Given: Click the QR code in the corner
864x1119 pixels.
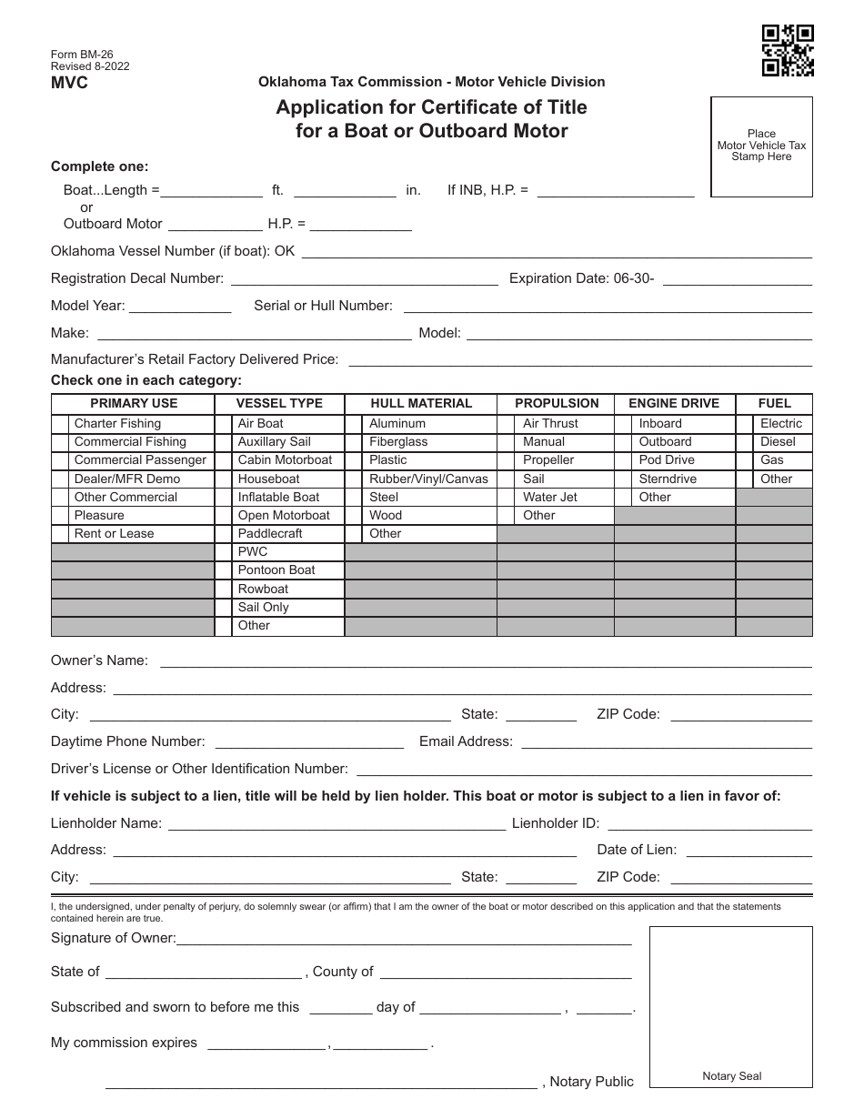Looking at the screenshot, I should point(787,51).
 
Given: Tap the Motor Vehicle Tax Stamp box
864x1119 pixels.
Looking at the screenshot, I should point(761,146).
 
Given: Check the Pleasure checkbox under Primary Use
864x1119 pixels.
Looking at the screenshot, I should point(60,516).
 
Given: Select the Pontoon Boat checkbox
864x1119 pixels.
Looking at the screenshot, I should point(224,570).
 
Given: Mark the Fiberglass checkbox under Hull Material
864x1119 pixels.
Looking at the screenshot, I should point(355,442).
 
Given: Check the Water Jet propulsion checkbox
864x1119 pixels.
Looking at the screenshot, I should point(507,498).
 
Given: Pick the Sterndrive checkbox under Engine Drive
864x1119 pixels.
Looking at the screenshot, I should point(624,479).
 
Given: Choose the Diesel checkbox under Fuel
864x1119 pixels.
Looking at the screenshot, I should point(745,442).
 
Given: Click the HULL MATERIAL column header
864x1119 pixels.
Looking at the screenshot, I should point(421,404).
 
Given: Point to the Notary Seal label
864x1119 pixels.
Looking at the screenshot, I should point(731,1076).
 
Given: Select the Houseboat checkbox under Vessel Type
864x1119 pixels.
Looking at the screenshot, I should point(224,479).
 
